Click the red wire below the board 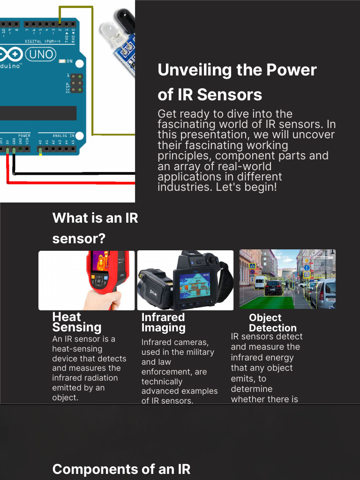[70, 182]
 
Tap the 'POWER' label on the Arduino [24, 135]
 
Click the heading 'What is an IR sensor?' [95, 228]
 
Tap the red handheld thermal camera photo [87, 280]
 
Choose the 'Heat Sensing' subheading [77, 322]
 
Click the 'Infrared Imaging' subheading [164, 322]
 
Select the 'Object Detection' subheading [272, 322]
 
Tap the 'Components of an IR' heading [121, 469]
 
